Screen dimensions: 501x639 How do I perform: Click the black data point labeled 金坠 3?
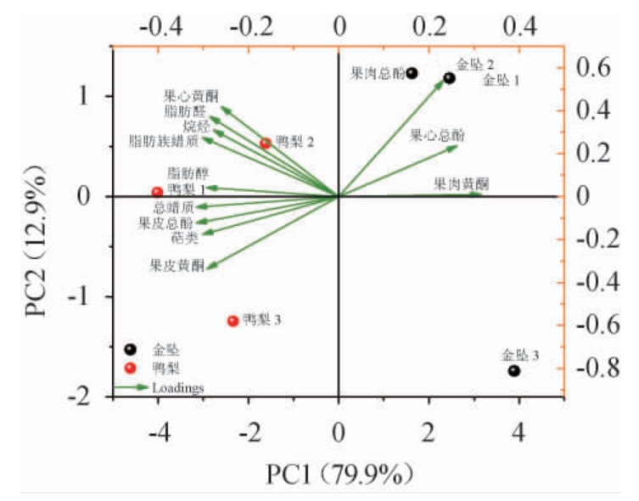[514, 371]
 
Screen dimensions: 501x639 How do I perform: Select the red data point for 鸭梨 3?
[233, 321]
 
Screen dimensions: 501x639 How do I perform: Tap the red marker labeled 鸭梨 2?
[266, 144]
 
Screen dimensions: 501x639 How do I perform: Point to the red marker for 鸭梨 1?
[157, 192]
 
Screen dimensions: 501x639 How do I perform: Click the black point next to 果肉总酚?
[412, 73]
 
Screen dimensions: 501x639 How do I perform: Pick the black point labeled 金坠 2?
[449, 78]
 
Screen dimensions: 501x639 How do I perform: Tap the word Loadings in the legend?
[178, 388]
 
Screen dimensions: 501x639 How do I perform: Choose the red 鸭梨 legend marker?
[130, 368]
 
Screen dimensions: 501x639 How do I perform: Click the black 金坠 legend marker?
[130, 348]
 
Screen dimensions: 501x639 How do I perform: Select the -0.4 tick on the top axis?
[161, 26]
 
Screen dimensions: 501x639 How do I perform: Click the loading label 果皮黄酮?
[177, 266]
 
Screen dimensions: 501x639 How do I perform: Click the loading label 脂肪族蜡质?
[163, 140]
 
